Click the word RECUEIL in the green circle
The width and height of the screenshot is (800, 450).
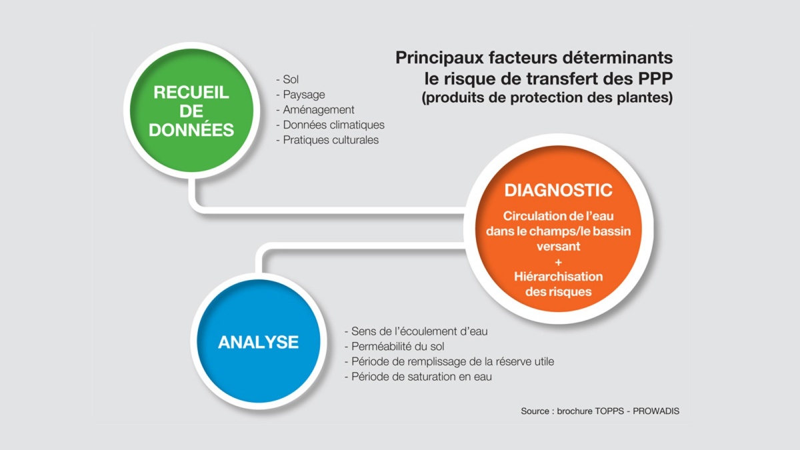pyautogui.click(x=191, y=93)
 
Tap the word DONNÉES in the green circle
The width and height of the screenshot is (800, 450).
pyautogui.click(x=191, y=129)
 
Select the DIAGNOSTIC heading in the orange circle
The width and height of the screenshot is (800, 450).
pyautogui.click(x=558, y=190)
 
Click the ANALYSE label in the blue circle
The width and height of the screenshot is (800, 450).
pyautogui.click(x=258, y=342)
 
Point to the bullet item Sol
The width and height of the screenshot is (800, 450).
pyautogui.click(x=287, y=79)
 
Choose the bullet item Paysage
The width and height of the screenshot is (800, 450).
pyautogui.click(x=301, y=95)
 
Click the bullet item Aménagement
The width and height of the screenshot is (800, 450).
pyautogui.click(x=315, y=109)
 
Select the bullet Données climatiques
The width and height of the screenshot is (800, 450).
pyautogui.click(x=331, y=125)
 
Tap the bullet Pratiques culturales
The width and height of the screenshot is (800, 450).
pyautogui.click(x=327, y=139)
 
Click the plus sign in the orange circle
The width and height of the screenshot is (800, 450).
pyautogui.click(x=559, y=263)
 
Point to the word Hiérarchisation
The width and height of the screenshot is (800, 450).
pyautogui.click(x=559, y=277)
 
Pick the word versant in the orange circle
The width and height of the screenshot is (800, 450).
pyautogui.click(x=559, y=247)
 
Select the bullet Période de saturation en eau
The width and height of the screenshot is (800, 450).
pyautogui.click(x=418, y=377)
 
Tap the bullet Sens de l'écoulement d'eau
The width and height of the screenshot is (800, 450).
pyautogui.click(x=416, y=331)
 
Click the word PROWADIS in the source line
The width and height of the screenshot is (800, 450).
pyautogui.click(x=656, y=411)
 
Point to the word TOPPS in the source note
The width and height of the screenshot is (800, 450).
pyautogui.click(x=609, y=411)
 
